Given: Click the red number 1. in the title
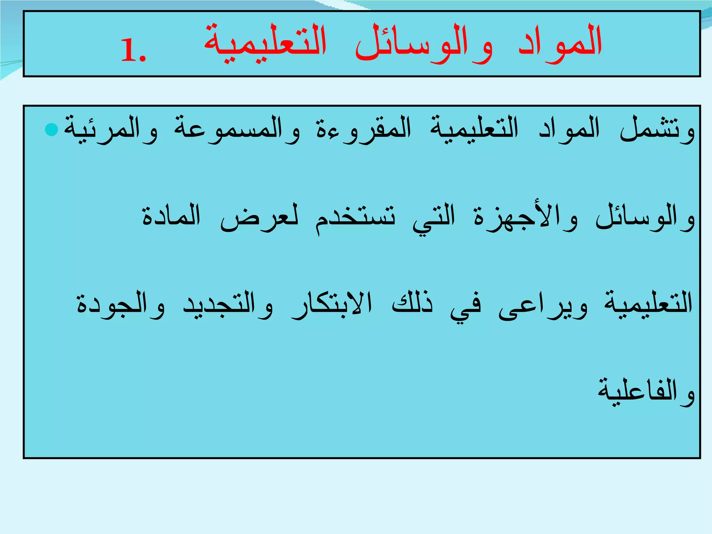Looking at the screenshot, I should click(133, 51).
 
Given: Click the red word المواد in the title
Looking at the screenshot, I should click(560, 43).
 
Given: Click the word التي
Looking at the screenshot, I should click(434, 218).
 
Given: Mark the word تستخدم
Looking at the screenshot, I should click(355, 218).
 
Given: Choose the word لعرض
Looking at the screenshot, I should click(259, 218).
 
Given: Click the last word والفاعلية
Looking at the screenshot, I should click(646, 392).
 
